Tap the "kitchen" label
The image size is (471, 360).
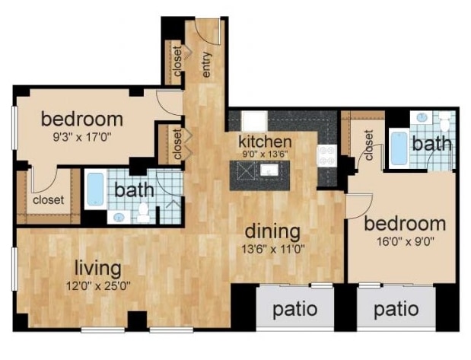pos(265,142)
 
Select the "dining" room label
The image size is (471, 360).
pos(272,231)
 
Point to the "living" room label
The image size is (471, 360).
pos(98,268)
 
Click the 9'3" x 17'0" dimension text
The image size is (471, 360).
pos(82,139)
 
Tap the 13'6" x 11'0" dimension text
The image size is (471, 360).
pos(272,249)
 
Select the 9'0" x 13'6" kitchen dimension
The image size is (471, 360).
pos(266,155)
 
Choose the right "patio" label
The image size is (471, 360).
pos(397,311)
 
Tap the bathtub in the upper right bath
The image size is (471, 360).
pos(399,148)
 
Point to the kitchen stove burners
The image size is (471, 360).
pos(328,155)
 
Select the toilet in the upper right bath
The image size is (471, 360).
pos(444,120)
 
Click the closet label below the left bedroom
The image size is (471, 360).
pos(47,200)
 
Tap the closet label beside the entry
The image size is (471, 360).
pos(177,63)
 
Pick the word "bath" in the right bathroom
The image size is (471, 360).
pos(432,143)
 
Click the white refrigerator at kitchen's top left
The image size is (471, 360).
pos(253,121)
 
